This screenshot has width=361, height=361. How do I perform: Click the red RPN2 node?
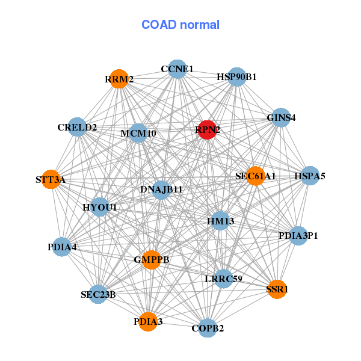(207, 130)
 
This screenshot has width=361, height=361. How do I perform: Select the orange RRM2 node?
(119, 79)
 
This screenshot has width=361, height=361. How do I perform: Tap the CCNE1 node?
(177, 69)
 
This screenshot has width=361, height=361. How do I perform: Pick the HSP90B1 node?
(236, 77)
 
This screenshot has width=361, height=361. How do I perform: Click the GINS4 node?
(280, 117)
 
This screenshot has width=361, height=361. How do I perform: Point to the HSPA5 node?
(310, 176)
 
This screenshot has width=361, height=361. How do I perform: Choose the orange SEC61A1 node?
(255, 176)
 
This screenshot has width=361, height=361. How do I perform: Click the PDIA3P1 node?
(298, 235)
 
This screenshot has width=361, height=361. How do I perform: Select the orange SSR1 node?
(277, 289)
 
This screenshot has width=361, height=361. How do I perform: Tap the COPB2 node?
(208, 328)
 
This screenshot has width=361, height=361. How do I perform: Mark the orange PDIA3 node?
(148, 322)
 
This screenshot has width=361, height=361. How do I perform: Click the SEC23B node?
(98, 294)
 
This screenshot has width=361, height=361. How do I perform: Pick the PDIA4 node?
(62, 247)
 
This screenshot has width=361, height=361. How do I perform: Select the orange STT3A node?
(51, 179)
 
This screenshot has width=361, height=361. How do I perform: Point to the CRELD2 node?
(77, 127)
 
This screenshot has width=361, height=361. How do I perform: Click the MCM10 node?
(138, 133)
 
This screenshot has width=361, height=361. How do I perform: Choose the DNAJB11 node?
(161, 190)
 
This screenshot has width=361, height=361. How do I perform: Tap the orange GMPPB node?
(151, 260)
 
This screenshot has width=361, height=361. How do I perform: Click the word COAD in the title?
(159, 25)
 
